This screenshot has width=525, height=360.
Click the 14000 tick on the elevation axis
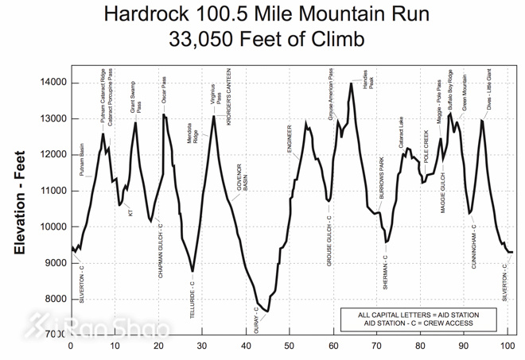[x=54, y=83]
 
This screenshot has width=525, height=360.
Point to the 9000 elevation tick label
[x=56, y=263]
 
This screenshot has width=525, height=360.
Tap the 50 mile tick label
[x=290, y=346]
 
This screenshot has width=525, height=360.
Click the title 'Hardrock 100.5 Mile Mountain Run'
[x=262, y=14]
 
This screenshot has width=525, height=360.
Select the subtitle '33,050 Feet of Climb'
[x=262, y=37]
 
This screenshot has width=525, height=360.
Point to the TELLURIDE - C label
[x=192, y=300]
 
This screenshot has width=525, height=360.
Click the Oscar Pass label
[x=164, y=89]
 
